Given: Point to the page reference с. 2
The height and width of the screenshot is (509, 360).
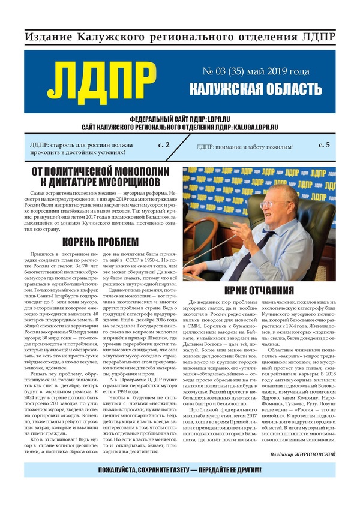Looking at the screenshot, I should [163, 145].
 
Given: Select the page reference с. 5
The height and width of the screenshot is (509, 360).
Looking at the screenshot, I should [324, 145].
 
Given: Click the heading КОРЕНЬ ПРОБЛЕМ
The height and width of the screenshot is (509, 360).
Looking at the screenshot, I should [100, 242].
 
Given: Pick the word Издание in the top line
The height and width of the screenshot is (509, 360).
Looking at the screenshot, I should [47, 37].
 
